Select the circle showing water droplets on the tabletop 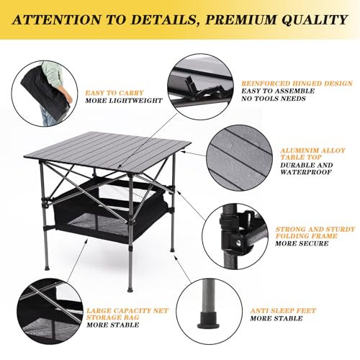tap(241, 158)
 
